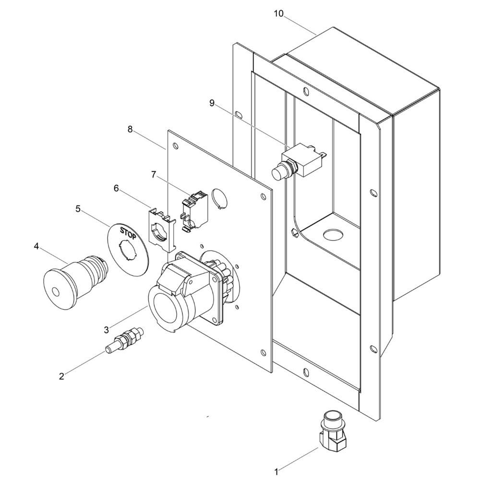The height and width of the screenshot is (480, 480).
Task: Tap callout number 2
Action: pos(61,376)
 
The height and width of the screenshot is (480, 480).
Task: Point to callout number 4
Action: pos(36,246)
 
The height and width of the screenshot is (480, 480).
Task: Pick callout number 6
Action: pos(116,189)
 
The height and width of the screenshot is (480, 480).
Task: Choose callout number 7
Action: pos(154,175)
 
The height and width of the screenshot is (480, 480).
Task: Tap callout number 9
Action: pos(212,102)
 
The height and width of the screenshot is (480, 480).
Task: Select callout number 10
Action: pos(278,13)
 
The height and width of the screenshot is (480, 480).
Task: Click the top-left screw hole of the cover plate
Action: pos(176,146)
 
